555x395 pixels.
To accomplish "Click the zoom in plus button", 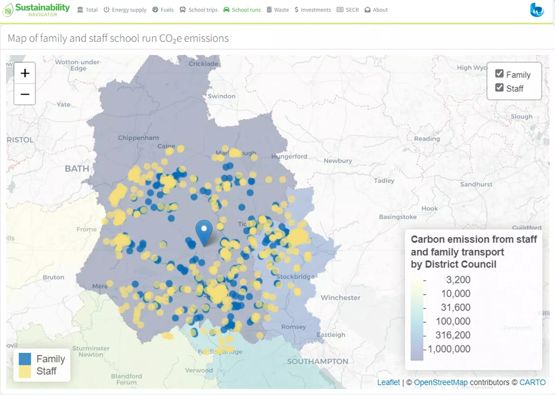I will click(x=25, y=74).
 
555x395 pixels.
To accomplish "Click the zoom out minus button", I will click(x=25, y=94).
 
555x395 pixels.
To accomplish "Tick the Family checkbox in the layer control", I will click(x=499, y=74).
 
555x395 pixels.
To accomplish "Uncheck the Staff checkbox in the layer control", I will click(x=499, y=88).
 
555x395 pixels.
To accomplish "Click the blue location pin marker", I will click(x=204, y=232).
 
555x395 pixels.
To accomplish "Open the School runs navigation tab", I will click(x=242, y=10).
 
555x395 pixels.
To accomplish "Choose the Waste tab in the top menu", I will click(x=277, y=10).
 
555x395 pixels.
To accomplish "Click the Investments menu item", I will click(x=313, y=10).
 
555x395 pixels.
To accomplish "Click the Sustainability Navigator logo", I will click(x=37, y=10).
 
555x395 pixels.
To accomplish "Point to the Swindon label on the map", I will click(x=222, y=96).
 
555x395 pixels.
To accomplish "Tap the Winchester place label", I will click(x=340, y=298).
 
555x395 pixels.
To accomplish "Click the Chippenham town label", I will click(x=138, y=138).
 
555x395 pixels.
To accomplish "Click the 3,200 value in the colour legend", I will click(x=458, y=280).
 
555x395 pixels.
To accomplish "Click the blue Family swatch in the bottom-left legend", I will click(x=25, y=359).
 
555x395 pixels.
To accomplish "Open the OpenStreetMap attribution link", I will click(x=440, y=382).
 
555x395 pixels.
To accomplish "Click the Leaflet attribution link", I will click(x=388, y=382).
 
